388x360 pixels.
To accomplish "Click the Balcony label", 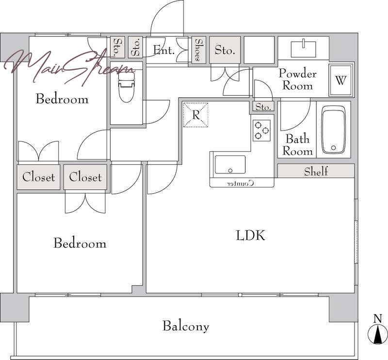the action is tap(186, 326).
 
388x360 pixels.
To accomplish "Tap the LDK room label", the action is tap(250, 235).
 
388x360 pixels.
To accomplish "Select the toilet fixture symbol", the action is tap(127, 87).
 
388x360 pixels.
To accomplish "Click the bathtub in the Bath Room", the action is tap(333, 130).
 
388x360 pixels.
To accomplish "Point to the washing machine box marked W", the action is tap(341, 80).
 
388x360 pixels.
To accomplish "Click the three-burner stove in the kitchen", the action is tap(261, 130).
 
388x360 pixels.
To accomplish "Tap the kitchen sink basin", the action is tap(230, 164).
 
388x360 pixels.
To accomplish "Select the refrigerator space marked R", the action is tap(195, 115).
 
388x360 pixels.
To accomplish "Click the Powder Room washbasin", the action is tap(304, 49).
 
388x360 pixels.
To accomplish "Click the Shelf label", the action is tap(316, 171).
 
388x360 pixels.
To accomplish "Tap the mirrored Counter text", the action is tap(241, 184).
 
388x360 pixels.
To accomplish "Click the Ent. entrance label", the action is tap(164, 50).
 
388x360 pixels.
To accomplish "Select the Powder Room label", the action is tap(298, 79).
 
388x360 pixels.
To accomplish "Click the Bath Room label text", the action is tap(298, 145).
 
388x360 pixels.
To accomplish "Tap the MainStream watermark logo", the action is tap(69, 67).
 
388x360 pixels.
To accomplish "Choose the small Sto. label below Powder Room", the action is tap(263, 107).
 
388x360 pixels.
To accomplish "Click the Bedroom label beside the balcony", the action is tap(80, 243).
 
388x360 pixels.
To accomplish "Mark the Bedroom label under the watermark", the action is tap(62, 99).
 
